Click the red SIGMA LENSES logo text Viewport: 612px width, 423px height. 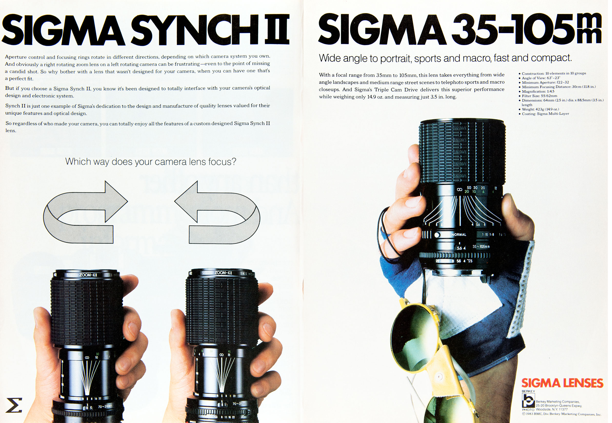point(562,383)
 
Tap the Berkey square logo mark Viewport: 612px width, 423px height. point(528,400)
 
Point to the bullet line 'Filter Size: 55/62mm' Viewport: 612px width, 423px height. point(539,96)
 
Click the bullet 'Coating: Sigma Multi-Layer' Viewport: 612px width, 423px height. point(545,114)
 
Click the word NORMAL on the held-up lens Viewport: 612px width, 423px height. point(459,235)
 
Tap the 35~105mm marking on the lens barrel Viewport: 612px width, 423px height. point(481,246)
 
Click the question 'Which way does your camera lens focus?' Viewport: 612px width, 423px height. point(151,162)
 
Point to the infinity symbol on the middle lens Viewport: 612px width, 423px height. point(221,355)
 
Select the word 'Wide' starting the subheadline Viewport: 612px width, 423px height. point(330,58)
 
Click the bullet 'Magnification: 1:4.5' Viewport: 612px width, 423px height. point(538,91)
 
